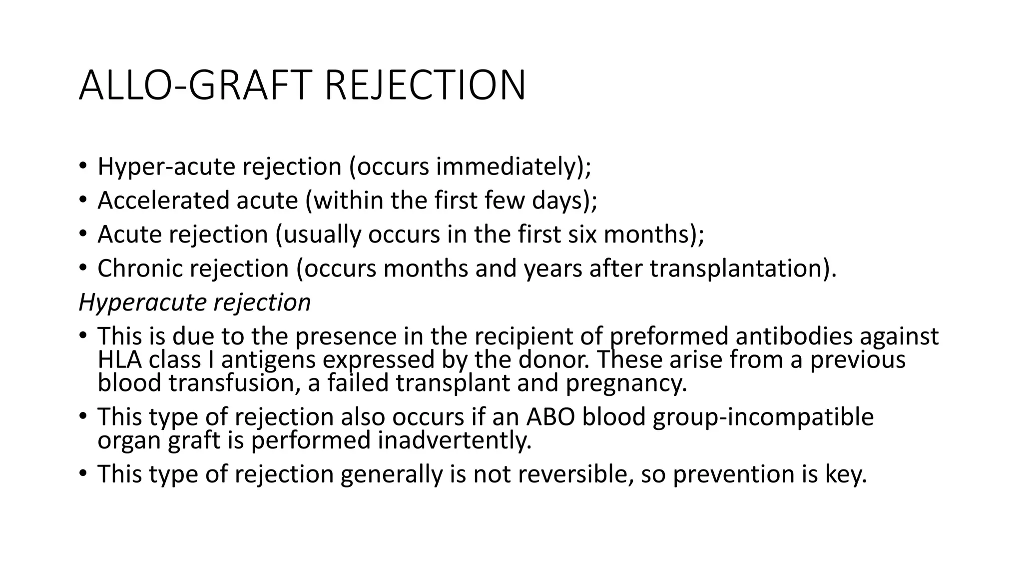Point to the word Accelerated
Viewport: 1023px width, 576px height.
tap(163, 200)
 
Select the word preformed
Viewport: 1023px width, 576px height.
tap(669, 336)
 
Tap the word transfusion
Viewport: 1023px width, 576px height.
tap(234, 383)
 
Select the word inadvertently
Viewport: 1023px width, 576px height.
tap(455, 440)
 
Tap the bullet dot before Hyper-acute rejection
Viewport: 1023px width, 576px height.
tap(83, 166)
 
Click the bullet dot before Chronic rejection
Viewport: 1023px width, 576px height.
tap(83, 268)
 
